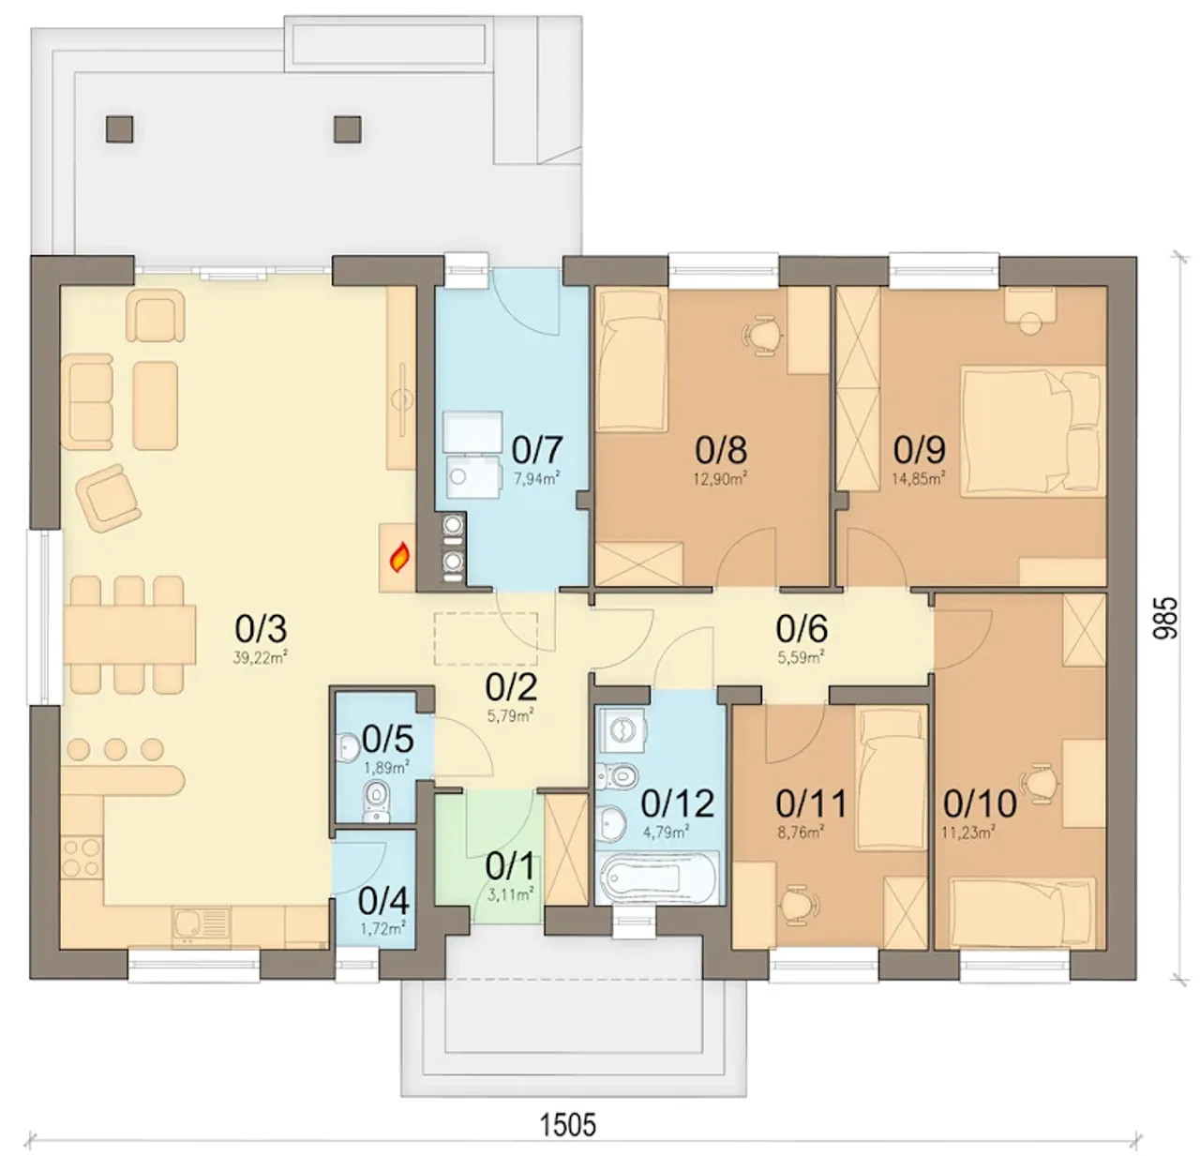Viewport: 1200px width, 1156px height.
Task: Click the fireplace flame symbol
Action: click(x=399, y=556)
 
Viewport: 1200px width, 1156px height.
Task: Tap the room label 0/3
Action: click(x=261, y=629)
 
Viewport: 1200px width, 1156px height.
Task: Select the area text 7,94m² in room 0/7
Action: click(x=536, y=478)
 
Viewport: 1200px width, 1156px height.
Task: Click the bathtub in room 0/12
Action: click(x=658, y=877)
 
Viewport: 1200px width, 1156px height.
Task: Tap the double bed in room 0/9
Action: click(x=1033, y=431)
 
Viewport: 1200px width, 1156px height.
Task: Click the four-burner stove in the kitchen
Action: click(x=82, y=857)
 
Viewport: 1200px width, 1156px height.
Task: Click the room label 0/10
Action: click(x=980, y=804)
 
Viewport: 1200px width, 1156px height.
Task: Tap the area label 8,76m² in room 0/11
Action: click(x=801, y=833)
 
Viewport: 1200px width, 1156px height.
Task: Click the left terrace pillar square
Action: click(x=120, y=129)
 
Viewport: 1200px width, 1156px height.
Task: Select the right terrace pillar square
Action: click(x=348, y=129)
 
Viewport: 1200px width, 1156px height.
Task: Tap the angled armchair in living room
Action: click(x=108, y=498)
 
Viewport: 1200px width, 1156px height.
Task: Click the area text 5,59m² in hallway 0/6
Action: click(x=801, y=657)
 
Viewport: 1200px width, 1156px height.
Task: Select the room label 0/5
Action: click(x=387, y=739)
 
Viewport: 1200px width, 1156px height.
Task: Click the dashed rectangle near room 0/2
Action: click(x=486, y=639)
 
